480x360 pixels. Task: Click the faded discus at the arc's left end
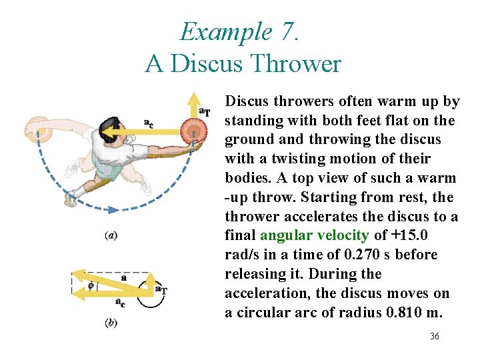(37, 129)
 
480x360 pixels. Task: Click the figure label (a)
(113, 235)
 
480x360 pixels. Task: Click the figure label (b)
(113, 323)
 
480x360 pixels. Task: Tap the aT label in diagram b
(161, 289)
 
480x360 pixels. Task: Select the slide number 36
(434, 336)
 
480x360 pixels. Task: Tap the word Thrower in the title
(299, 64)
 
